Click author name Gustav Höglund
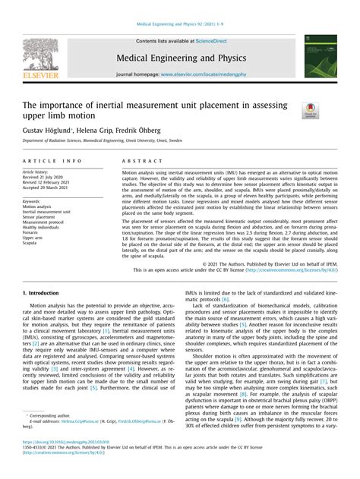tap(47, 131)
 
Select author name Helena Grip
tap(97, 131)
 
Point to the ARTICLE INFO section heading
tap(52, 162)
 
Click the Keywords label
tap(32, 201)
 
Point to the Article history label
tap(36, 172)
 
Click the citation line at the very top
tap(179, 25)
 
